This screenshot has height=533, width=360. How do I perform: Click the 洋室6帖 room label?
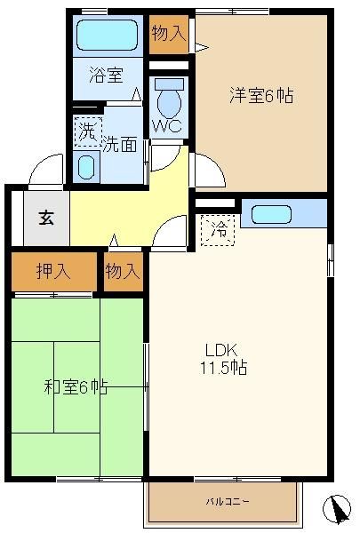click(x=261, y=95)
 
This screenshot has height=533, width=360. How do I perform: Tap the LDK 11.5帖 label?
click(x=223, y=359)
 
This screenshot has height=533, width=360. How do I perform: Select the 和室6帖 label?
click(x=76, y=386)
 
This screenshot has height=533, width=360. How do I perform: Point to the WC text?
click(x=167, y=126)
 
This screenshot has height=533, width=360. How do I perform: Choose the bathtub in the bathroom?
click(x=107, y=35)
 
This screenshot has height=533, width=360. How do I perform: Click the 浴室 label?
click(x=106, y=75)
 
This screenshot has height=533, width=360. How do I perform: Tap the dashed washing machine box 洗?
click(x=88, y=131)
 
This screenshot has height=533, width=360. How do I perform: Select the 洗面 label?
click(x=120, y=144)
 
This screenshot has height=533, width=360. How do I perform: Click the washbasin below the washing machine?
click(x=86, y=167)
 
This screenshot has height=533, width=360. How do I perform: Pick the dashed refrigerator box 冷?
click(x=218, y=230)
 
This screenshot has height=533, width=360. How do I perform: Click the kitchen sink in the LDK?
click(x=271, y=214)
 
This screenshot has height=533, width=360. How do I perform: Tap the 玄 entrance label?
click(x=46, y=218)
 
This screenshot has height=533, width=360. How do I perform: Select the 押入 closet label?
click(x=53, y=271)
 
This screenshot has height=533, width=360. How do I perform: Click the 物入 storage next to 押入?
click(x=123, y=272)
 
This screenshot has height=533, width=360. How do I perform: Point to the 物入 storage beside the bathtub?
click(x=169, y=34)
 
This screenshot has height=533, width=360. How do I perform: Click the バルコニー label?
click(x=228, y=501)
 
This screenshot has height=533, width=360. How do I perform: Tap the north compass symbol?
click(x=337, y=509)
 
